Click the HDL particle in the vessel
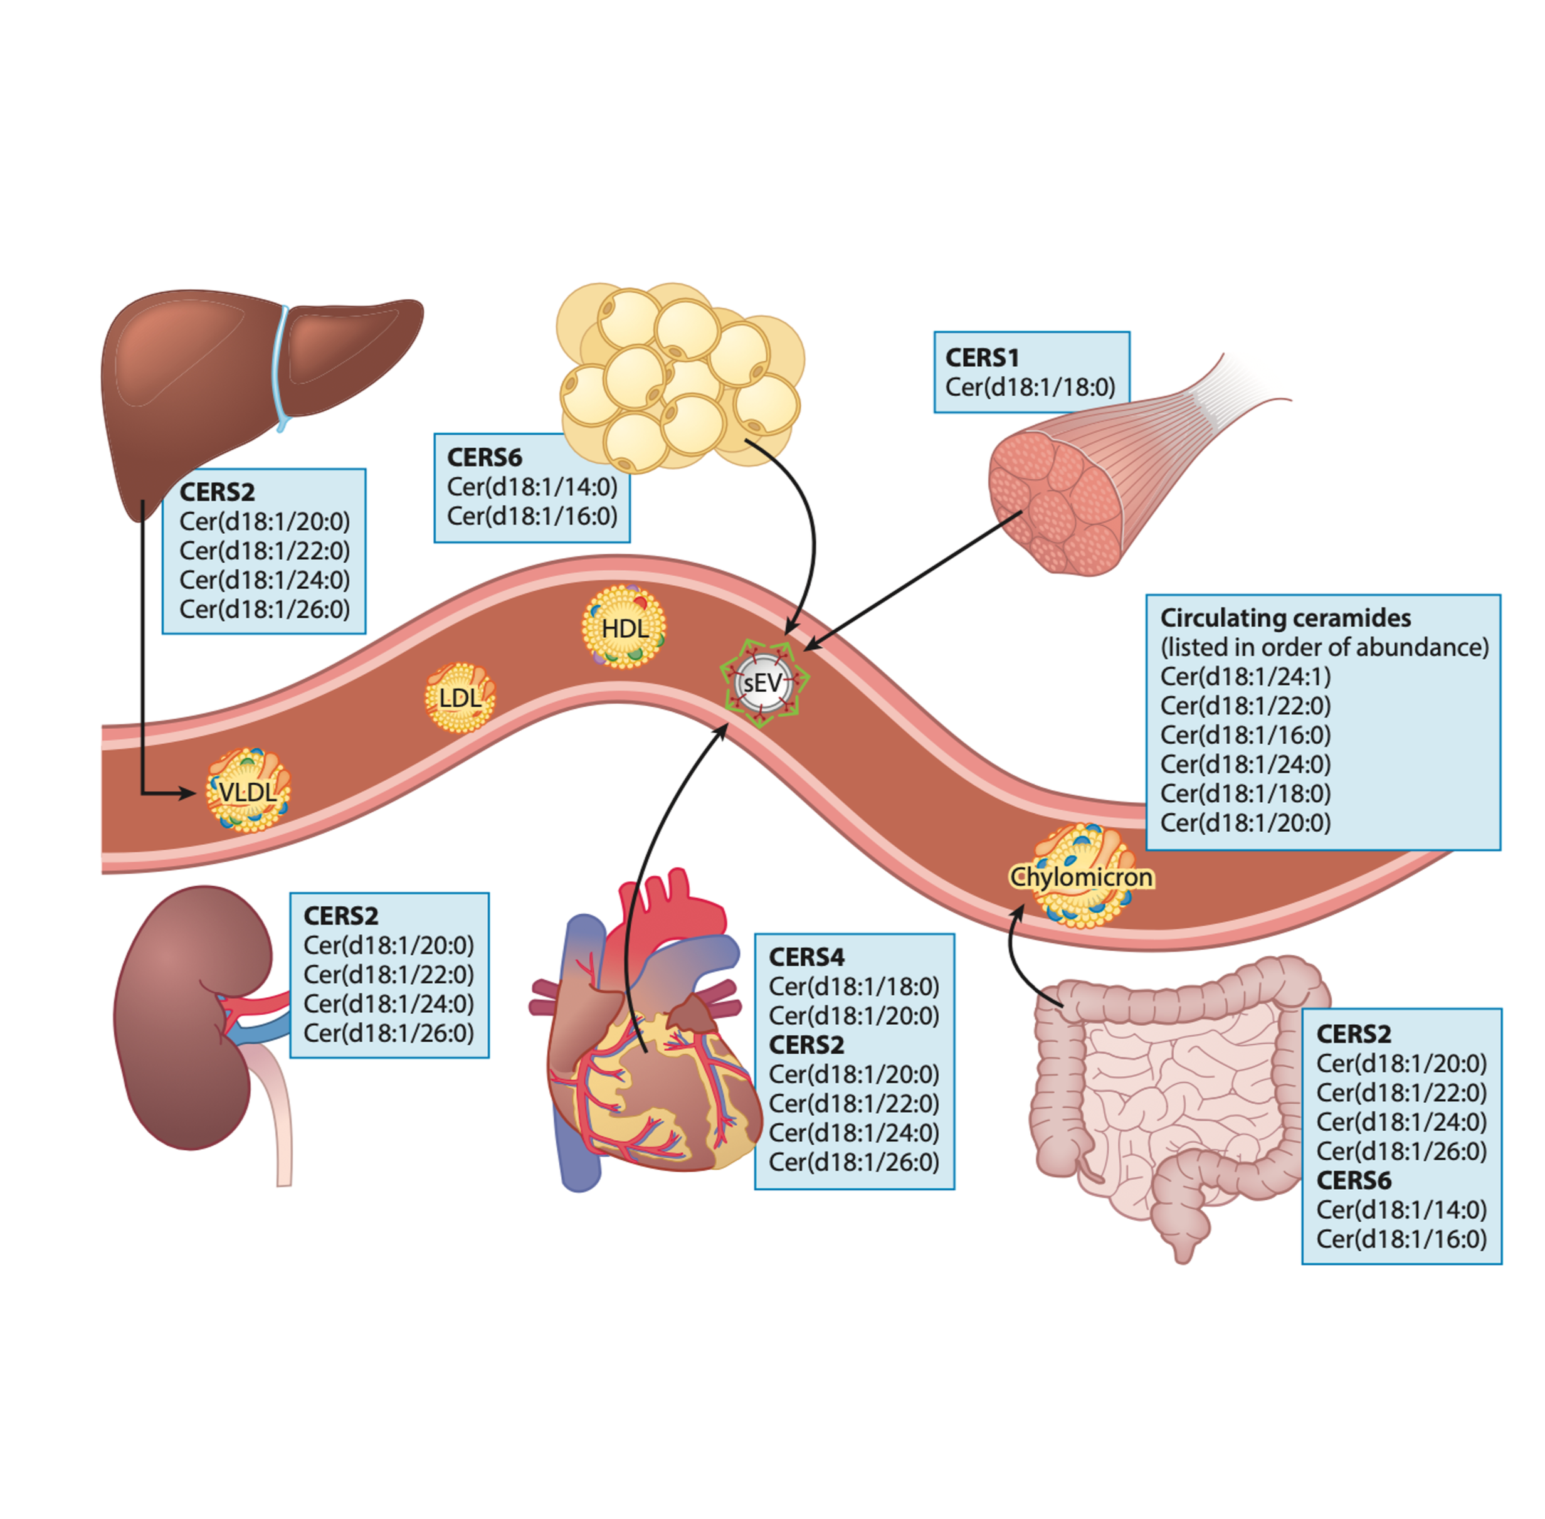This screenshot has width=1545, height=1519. point(624,628)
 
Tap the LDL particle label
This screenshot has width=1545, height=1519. point(460,698)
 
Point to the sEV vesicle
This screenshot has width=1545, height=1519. point(763,683)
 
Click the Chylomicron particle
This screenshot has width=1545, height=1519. point(1082,877)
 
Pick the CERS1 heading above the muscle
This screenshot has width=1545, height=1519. point(982,357)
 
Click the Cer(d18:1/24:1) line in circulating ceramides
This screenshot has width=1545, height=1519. point(1245,677)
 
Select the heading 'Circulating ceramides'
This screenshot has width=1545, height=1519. point(1285,618)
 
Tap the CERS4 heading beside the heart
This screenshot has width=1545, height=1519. point(806,956)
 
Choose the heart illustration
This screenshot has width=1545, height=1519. point(646,1061)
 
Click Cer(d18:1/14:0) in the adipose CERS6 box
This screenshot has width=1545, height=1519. point(532,487)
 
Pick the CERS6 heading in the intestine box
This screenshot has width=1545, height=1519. point(1354,1180)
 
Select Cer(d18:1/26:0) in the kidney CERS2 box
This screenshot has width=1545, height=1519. point(388,1033)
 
